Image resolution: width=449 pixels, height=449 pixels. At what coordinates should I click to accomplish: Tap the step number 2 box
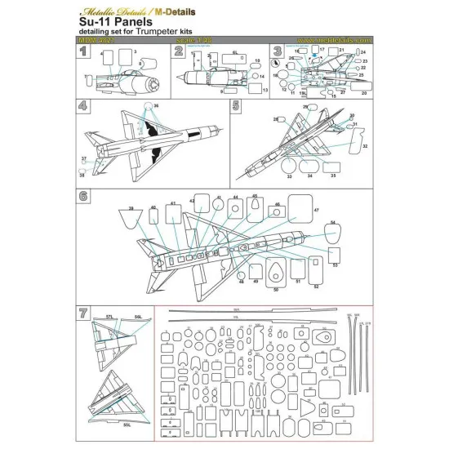coord(179,51)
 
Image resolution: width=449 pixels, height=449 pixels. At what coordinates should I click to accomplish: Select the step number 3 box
coord(278,51)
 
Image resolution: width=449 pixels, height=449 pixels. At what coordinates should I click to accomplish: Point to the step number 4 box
coord(82,106)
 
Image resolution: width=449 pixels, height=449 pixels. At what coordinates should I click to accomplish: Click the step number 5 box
coord(235,106)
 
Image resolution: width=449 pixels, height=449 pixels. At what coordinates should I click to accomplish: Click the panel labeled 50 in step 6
coord(275,273)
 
